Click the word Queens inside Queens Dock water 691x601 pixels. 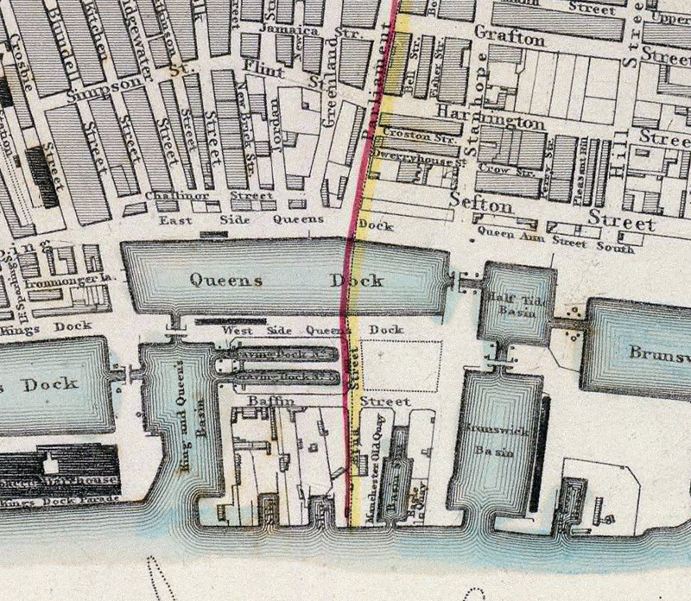(x=226, y=280)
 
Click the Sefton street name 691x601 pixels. (x=481, y=203)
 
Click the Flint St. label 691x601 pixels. (x=283, y=74)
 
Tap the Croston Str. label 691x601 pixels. (x=420, y=135)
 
